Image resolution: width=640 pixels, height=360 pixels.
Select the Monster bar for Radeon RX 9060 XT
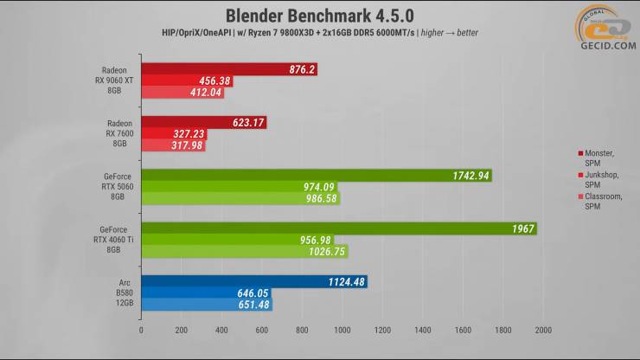coord(228,69)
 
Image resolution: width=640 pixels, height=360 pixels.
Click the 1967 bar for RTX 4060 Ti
coord(338,228)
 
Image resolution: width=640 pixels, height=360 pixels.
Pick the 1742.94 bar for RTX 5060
coord(316,176)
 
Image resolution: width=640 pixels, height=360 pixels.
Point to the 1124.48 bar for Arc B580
coord(254,281)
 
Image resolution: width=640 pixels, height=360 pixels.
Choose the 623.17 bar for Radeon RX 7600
coord(203,122)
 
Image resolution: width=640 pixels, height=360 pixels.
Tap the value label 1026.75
coord(327,252)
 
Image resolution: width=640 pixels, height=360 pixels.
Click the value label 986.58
coord(320,199)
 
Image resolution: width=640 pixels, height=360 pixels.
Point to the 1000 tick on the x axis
coord(342,330)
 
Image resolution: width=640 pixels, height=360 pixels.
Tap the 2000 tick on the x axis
coord(543,330)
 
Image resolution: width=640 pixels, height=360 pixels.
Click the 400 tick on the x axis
coord(221,330)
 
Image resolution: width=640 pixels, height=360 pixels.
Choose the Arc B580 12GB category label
coord(120,293)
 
